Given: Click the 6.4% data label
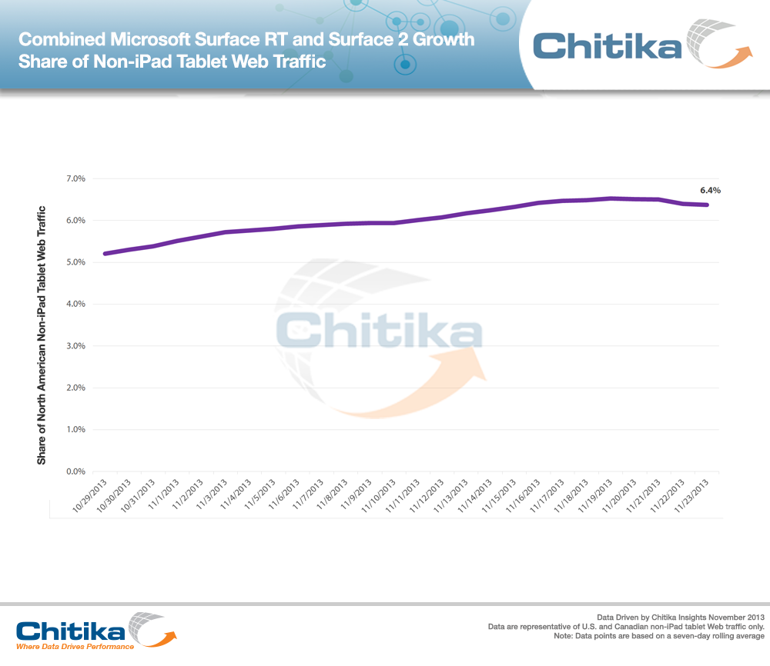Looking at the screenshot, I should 709,190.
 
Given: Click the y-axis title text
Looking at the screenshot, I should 42,335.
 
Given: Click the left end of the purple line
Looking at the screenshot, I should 105,253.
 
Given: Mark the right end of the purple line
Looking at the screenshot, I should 707,205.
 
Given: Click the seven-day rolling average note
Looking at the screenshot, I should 659,636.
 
